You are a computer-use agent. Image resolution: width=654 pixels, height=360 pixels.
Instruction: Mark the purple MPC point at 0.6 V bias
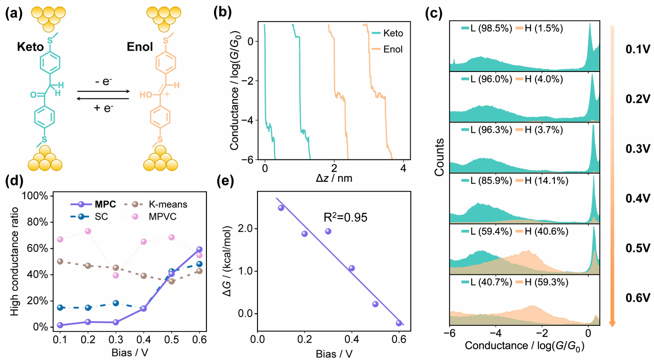pos(199,249)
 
